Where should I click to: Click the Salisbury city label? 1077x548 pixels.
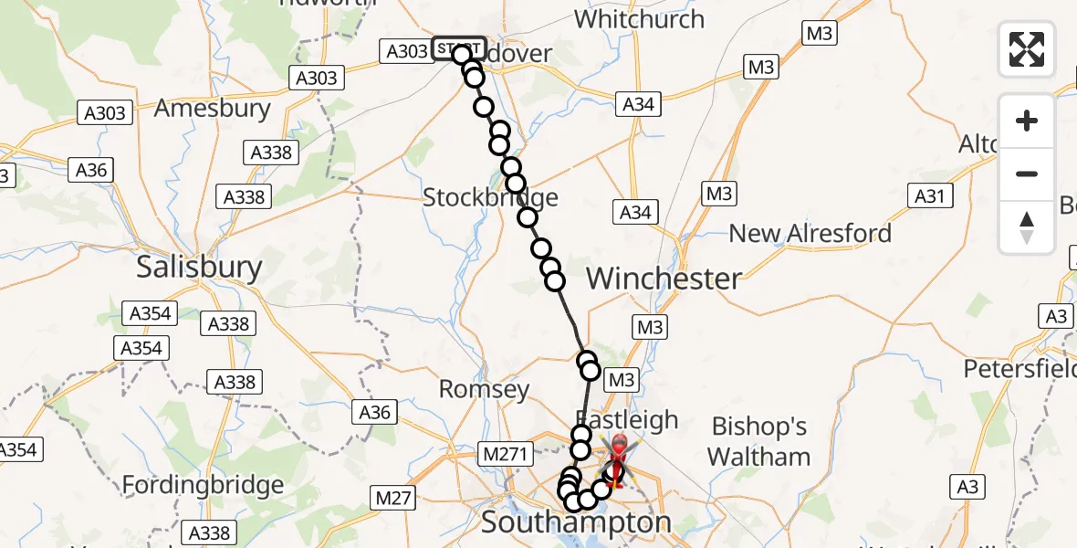199,267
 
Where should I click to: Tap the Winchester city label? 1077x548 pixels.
664,279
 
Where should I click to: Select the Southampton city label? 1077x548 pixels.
575,523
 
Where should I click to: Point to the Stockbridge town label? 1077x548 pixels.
490,197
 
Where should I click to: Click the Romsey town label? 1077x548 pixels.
484,390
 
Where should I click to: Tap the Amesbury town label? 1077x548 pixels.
212,109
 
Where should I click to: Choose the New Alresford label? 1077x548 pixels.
810,233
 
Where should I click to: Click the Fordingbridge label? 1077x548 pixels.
203,483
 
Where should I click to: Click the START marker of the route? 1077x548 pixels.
457,49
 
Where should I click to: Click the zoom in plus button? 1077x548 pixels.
1027,121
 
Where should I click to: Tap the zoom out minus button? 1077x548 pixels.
1027,174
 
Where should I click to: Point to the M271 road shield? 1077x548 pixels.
504,453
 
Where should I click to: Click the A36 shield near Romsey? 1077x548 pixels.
374,412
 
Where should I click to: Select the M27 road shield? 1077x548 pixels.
393,499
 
